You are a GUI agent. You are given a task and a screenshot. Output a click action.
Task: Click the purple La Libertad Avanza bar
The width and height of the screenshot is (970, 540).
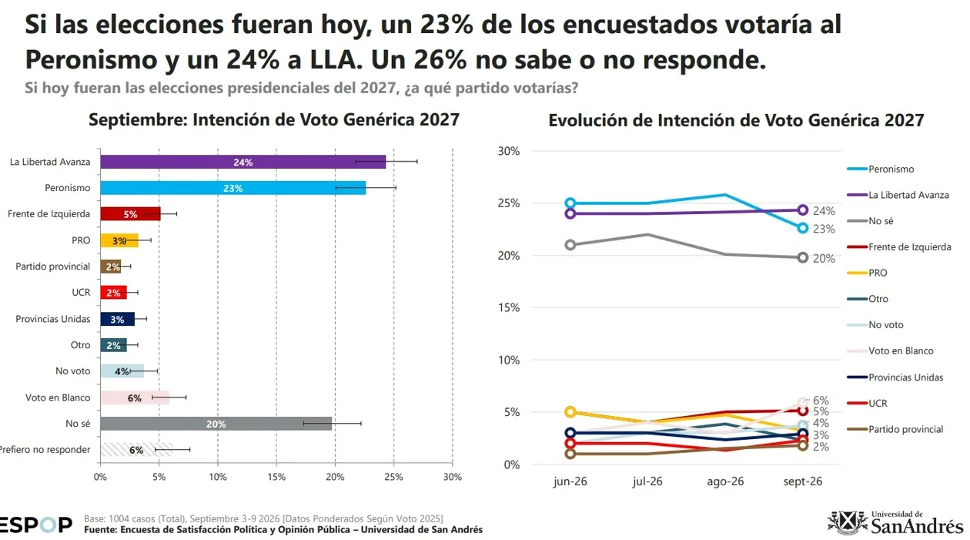[243, 162]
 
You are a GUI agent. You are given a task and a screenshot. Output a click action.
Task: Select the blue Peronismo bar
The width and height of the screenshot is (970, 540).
[233, 188]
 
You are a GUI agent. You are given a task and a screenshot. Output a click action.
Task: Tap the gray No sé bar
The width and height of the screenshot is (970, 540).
[216, 424]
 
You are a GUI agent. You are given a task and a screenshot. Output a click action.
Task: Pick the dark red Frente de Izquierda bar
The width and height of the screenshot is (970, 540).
[130, 213]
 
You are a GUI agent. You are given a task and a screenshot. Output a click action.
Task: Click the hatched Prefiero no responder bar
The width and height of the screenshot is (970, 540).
[136, 449]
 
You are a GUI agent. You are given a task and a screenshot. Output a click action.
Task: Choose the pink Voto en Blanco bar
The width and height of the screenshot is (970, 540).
[135, 397]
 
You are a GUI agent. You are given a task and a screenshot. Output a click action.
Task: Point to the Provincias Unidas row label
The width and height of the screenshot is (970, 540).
[53, 319]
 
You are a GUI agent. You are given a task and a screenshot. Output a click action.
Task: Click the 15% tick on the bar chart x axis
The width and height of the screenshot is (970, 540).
[276, 477]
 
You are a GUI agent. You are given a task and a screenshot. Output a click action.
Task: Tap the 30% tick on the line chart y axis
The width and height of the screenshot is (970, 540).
[508, 151]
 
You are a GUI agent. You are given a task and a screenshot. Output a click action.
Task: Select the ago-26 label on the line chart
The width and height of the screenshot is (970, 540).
[725, 481]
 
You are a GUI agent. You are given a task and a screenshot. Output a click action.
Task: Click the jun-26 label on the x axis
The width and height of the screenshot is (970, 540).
[570, 481]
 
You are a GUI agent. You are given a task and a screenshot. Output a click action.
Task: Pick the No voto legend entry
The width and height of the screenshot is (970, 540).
[875, 324]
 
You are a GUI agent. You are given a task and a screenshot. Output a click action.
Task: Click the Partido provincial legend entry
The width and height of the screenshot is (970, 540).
[895, 429]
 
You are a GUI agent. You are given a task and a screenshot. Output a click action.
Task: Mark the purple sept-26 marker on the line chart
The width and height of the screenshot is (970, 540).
[802, 210]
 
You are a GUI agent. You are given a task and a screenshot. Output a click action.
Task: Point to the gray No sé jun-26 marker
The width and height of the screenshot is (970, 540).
[570, 245]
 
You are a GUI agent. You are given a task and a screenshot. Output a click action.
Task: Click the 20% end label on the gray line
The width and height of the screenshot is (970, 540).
[824, 258]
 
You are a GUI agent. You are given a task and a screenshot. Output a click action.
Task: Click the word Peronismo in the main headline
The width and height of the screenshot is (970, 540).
[92, 59]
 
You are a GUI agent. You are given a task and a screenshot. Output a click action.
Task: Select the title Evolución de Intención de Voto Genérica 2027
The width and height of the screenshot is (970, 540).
[736, 120]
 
